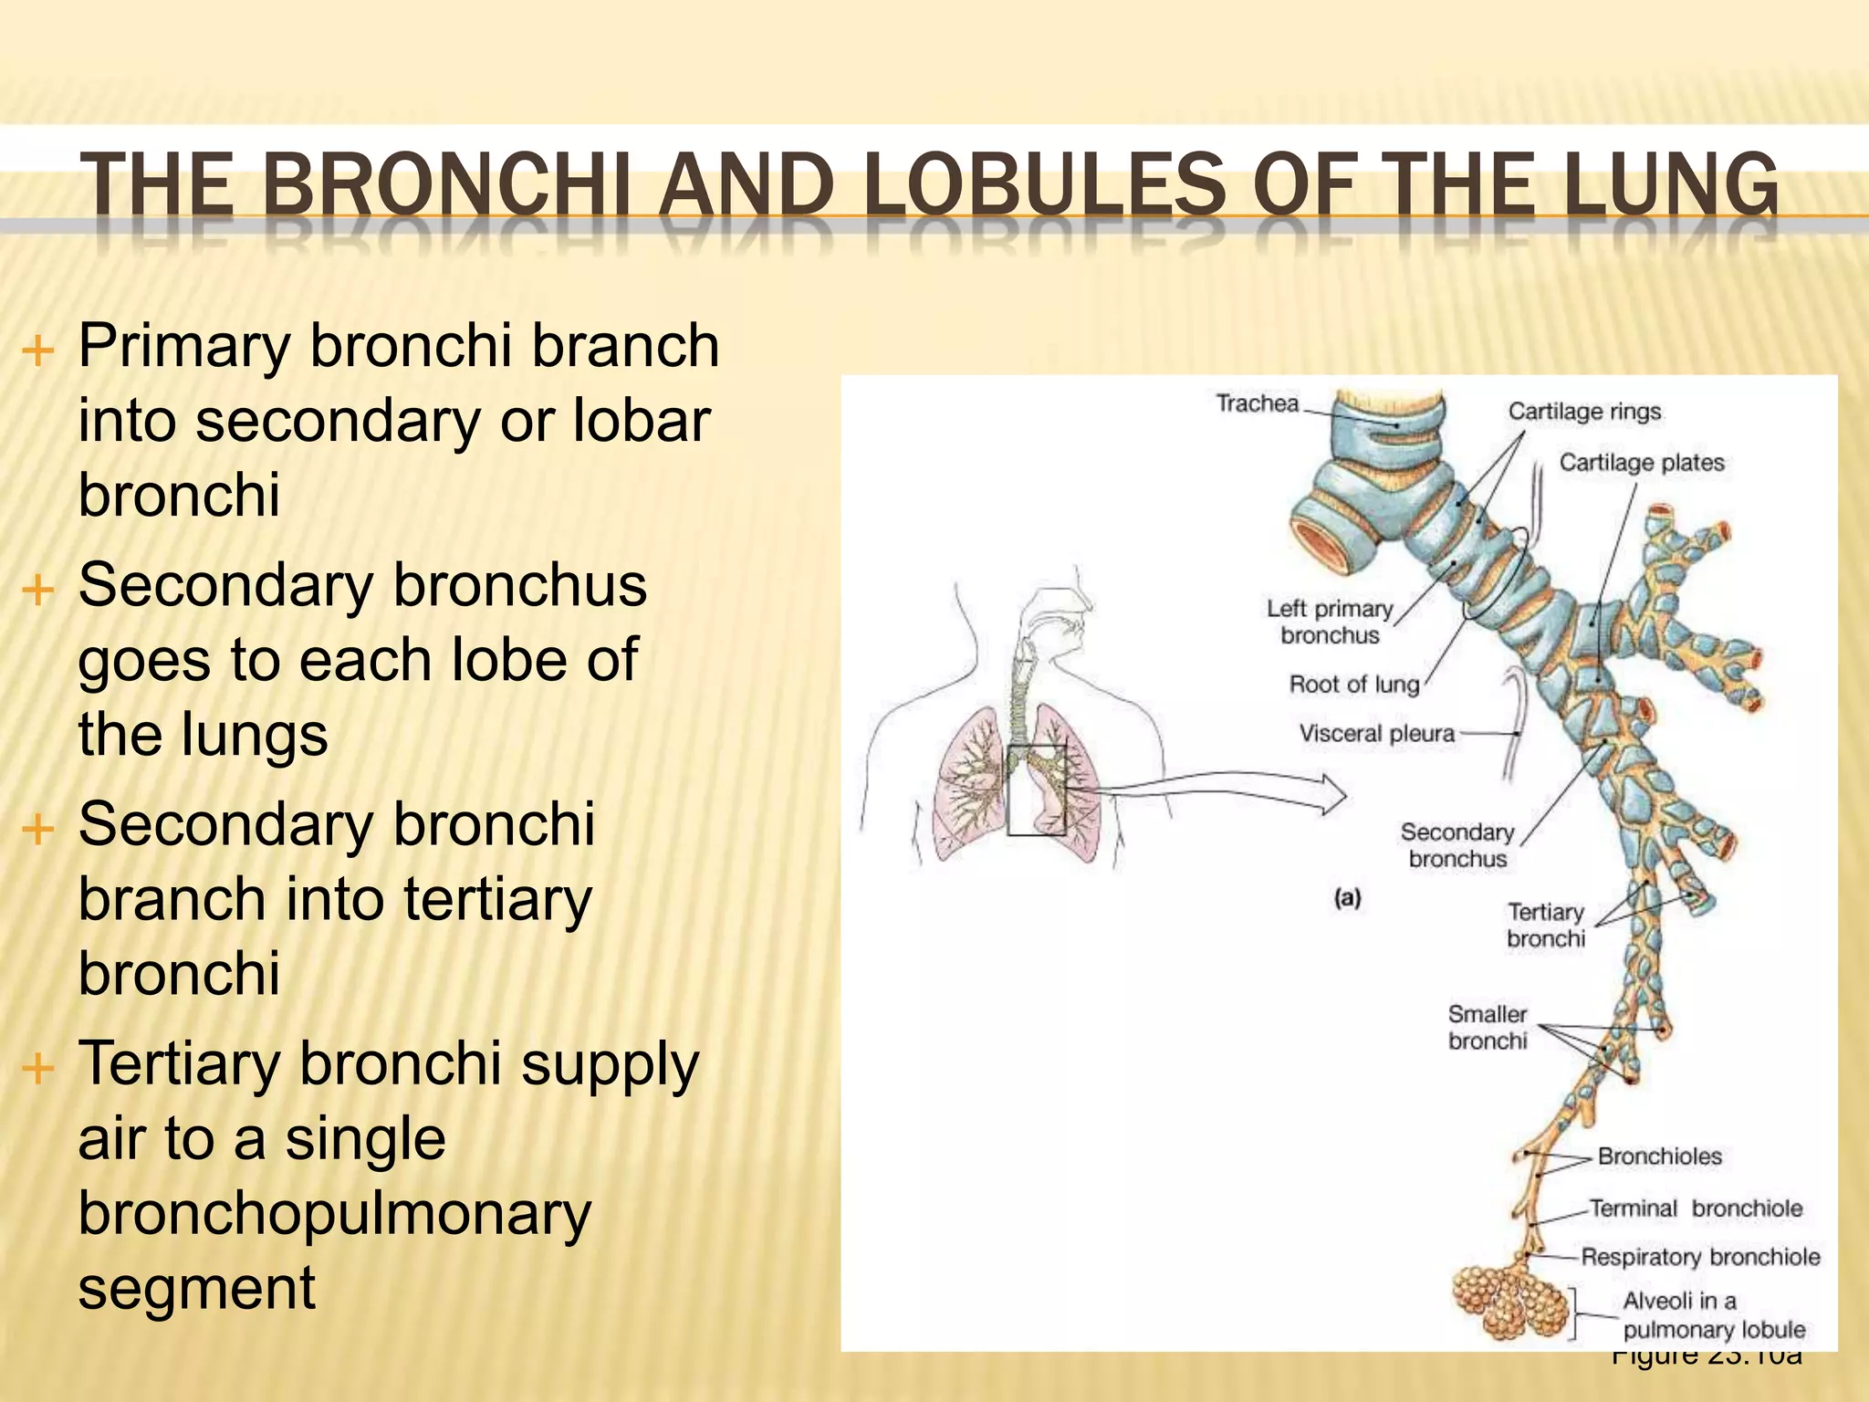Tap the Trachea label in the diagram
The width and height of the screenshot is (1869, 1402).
point(1257,403)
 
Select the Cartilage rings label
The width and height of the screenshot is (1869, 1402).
point(1584,412)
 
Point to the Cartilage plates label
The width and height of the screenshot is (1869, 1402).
point(1641,463)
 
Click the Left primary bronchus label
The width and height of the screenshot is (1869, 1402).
point(1330,622)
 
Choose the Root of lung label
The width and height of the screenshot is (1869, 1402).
point(1353,685)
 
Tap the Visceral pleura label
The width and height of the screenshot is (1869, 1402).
point(1376,734)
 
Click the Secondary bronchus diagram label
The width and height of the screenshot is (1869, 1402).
point(1457,845)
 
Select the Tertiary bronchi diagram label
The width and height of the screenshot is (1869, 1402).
point(1546,925)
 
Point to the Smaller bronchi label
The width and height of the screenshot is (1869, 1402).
point(1488,1027)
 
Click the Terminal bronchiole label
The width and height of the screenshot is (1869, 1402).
point(1696,1208)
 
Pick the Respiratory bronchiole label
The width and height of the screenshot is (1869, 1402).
point(1700,1257)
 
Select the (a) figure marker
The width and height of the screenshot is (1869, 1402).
point(1347,898)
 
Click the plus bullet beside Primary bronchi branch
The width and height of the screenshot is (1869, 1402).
point(38,350)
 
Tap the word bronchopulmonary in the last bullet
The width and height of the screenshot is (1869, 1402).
point(335,1214)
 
